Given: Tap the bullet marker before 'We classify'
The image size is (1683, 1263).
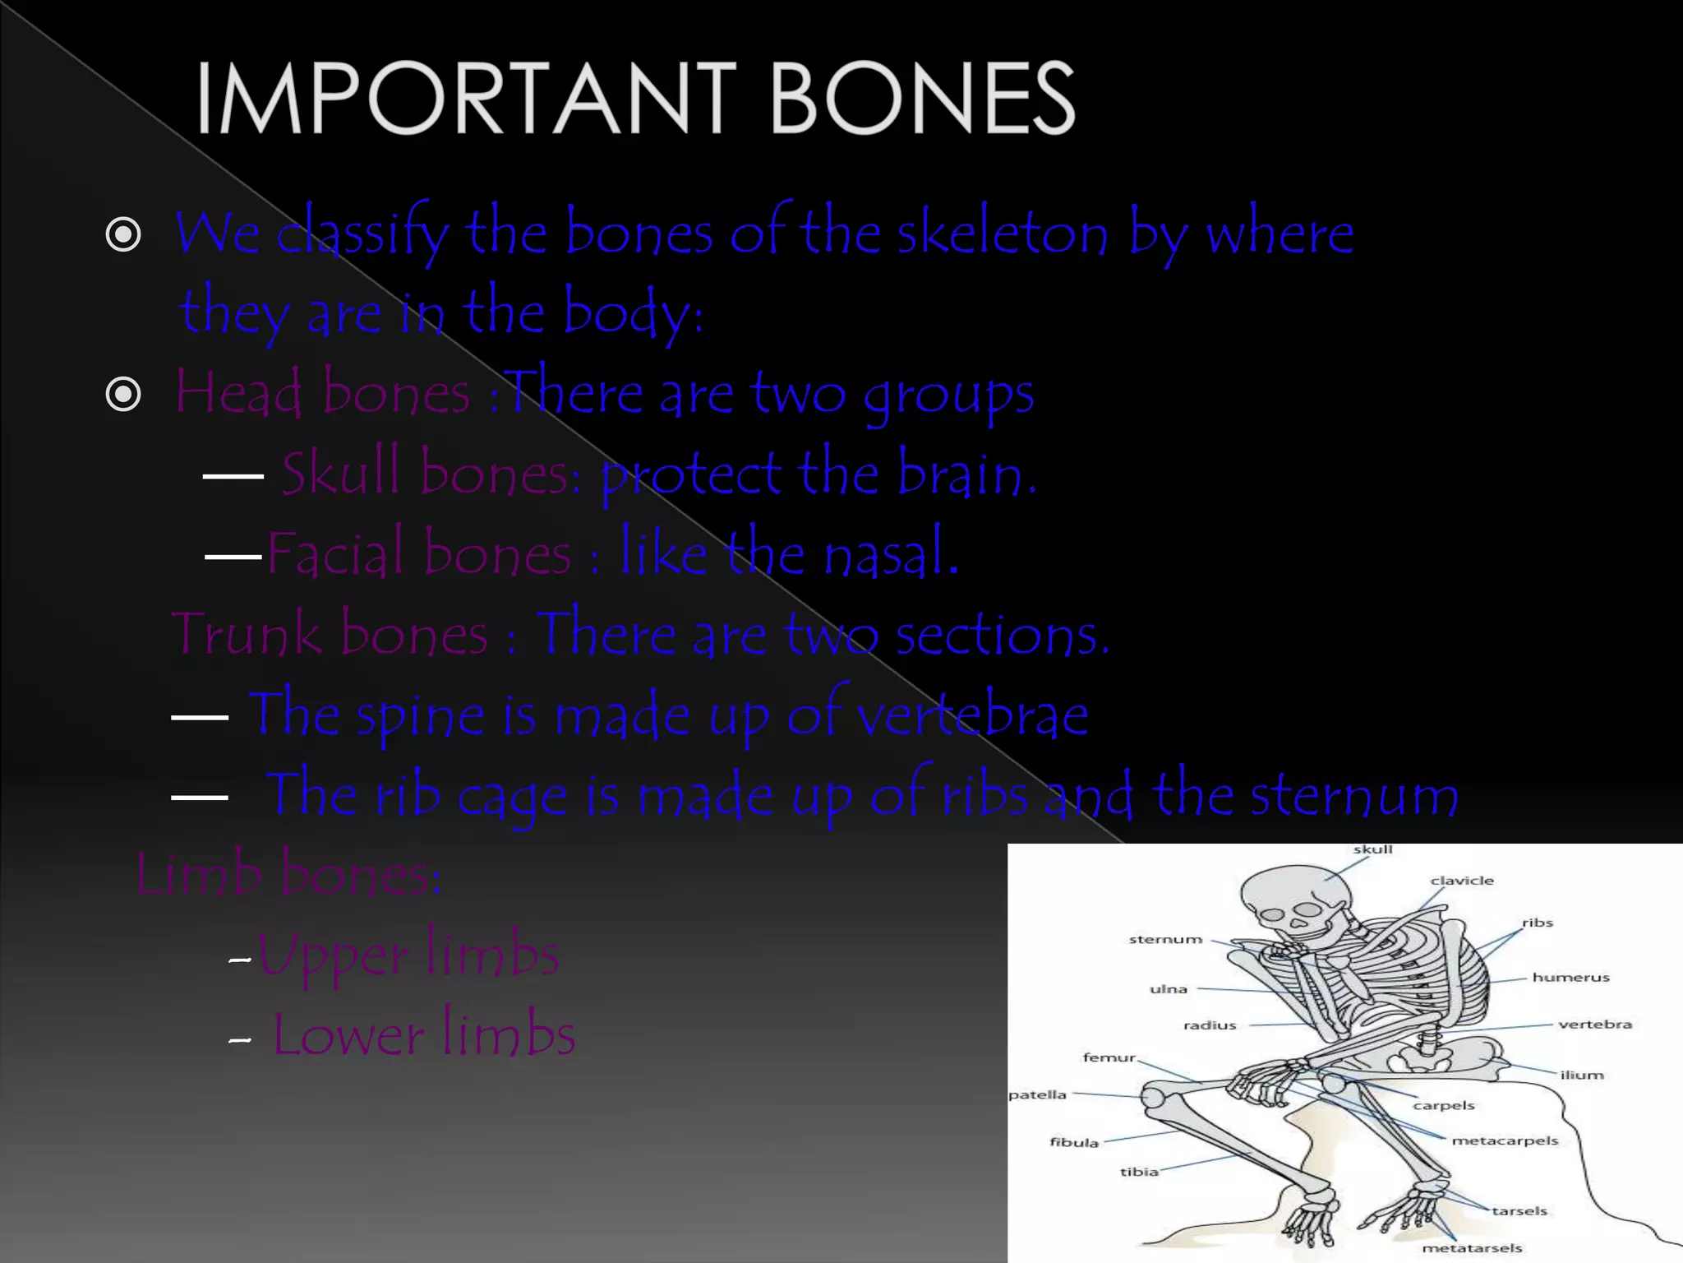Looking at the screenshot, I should pyautogui.click(x=123, y=236).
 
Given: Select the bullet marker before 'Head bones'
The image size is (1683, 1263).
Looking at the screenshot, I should pyautogui.click(x=123, y=396).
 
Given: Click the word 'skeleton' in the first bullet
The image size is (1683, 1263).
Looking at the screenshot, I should pyautogui.click(x=1002, y=234).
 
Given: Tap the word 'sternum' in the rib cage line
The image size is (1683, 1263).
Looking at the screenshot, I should pyautogui.click(x=1354, y=795).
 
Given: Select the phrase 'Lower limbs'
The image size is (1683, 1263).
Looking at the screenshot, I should pyautogui.click(x=423, y=1035).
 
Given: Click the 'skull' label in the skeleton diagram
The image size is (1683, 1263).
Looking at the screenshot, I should pyautogui.click(x=1372, y=849).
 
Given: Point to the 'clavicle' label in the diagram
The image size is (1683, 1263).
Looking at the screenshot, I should pyautogui.click(x=1462, y=881).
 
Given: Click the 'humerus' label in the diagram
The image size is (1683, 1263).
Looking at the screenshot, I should pyautogui.click(x=1570, y=978).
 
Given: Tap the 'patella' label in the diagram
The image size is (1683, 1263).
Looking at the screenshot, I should pyautogui.click(x=1037, y=1094).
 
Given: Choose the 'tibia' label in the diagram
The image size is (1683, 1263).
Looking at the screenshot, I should pyautogui.click(x=1139, y=1172).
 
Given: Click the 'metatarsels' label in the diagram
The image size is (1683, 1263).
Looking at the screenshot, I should pyautogui.click(x=1472, y=1248).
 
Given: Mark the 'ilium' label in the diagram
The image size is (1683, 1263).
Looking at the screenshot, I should pyautogui.click(x=1582, y=1075).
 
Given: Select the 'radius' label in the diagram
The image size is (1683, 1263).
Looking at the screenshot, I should pyautogui.click(x=1210, y=1025).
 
